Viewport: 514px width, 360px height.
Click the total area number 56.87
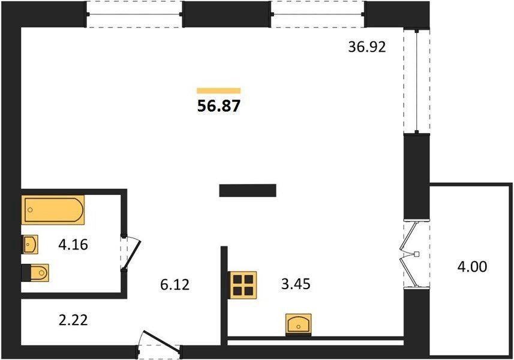(219, 106)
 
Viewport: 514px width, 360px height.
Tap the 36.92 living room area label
(367, 47)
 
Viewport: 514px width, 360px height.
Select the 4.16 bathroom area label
(73, 245)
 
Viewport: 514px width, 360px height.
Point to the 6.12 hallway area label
(175, 284)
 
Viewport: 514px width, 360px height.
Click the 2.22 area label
(73, 320)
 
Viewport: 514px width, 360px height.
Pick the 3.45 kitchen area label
(296, 284)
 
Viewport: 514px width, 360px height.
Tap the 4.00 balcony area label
(472, 266)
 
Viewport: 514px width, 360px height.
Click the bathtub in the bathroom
(53, 210)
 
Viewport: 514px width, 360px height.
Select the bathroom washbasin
(30, 244)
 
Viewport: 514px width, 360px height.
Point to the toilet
(35, 273)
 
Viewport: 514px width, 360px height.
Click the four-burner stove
(244, 285)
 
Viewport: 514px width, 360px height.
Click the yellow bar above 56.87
(219, 91)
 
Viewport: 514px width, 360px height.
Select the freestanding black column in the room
(248, 190)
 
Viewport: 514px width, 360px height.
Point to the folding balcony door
(410, 254)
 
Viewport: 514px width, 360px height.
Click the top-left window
(134, 14)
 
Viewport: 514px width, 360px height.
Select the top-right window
(318, 14)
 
